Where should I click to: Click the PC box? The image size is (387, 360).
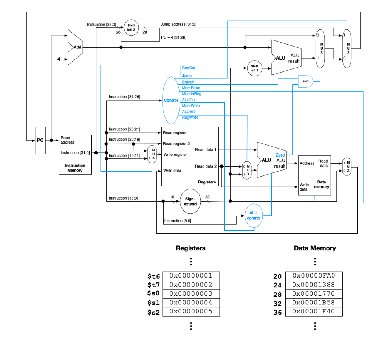pos(40,140)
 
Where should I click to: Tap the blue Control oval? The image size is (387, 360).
pos(171,100)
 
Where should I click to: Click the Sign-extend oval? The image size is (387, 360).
pos(190,201)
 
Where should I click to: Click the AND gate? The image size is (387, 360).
pos(305,81)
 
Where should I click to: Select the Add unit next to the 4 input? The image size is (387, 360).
pos(76,47)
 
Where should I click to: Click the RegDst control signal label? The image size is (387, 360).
pos(188,68)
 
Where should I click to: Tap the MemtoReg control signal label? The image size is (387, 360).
pos(191,94)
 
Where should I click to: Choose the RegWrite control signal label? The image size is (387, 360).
pos(190,118)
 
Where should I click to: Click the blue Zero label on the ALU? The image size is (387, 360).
pos(280,155)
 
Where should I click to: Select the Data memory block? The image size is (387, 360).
pos(314,175)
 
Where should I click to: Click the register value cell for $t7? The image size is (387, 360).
pos(190,285)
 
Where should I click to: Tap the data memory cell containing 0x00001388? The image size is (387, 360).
pos(313,285)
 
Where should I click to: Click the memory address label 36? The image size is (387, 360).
pos(277,313)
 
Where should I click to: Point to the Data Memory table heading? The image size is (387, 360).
pos(314,248)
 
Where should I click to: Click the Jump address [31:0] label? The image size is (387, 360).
pos(178,24)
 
